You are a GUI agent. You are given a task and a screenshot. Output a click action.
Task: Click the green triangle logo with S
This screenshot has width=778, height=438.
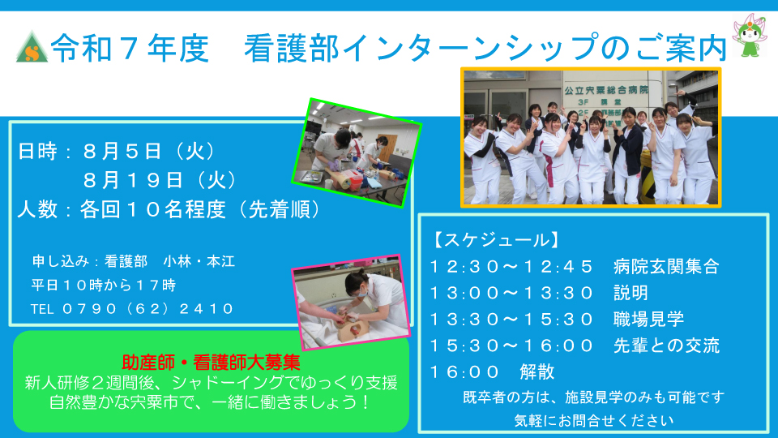point(32,47)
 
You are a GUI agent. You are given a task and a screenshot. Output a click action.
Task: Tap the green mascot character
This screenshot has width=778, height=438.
point(750,35)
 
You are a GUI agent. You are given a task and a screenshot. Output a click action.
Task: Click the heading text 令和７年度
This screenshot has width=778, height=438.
point(130,48)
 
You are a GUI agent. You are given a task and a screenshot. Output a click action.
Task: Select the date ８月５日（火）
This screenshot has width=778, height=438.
point(150,151)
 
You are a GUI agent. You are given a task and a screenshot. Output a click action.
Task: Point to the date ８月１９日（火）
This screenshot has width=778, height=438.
point(160,180)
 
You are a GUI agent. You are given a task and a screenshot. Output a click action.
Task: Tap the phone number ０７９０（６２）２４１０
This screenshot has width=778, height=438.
point(147,309)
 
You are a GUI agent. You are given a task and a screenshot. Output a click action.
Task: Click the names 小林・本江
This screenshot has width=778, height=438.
point(199,261)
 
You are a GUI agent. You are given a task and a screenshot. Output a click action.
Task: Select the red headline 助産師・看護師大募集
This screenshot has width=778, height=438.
point(211,363)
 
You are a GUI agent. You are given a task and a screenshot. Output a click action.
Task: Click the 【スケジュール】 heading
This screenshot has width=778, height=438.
point(496,240)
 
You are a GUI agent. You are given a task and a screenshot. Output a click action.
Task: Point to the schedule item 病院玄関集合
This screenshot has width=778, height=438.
point(666,267)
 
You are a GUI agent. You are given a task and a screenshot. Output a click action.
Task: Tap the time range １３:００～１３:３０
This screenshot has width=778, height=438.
point(511,293)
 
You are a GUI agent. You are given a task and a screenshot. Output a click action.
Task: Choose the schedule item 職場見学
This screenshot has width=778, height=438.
point(648,319)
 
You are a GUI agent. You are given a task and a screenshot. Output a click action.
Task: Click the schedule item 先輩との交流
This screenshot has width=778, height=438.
point(666,346)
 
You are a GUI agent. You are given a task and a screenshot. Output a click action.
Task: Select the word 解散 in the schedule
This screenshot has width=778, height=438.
point(536,371)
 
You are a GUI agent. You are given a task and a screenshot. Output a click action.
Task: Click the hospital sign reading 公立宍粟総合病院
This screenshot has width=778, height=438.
point(606,90)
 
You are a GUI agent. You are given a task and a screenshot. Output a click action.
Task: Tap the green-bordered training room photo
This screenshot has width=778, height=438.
point(357,152)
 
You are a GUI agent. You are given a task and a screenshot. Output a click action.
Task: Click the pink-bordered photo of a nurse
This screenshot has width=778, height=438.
point(351,302)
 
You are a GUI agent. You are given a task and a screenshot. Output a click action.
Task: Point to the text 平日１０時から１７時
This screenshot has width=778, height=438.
point(103,285)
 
